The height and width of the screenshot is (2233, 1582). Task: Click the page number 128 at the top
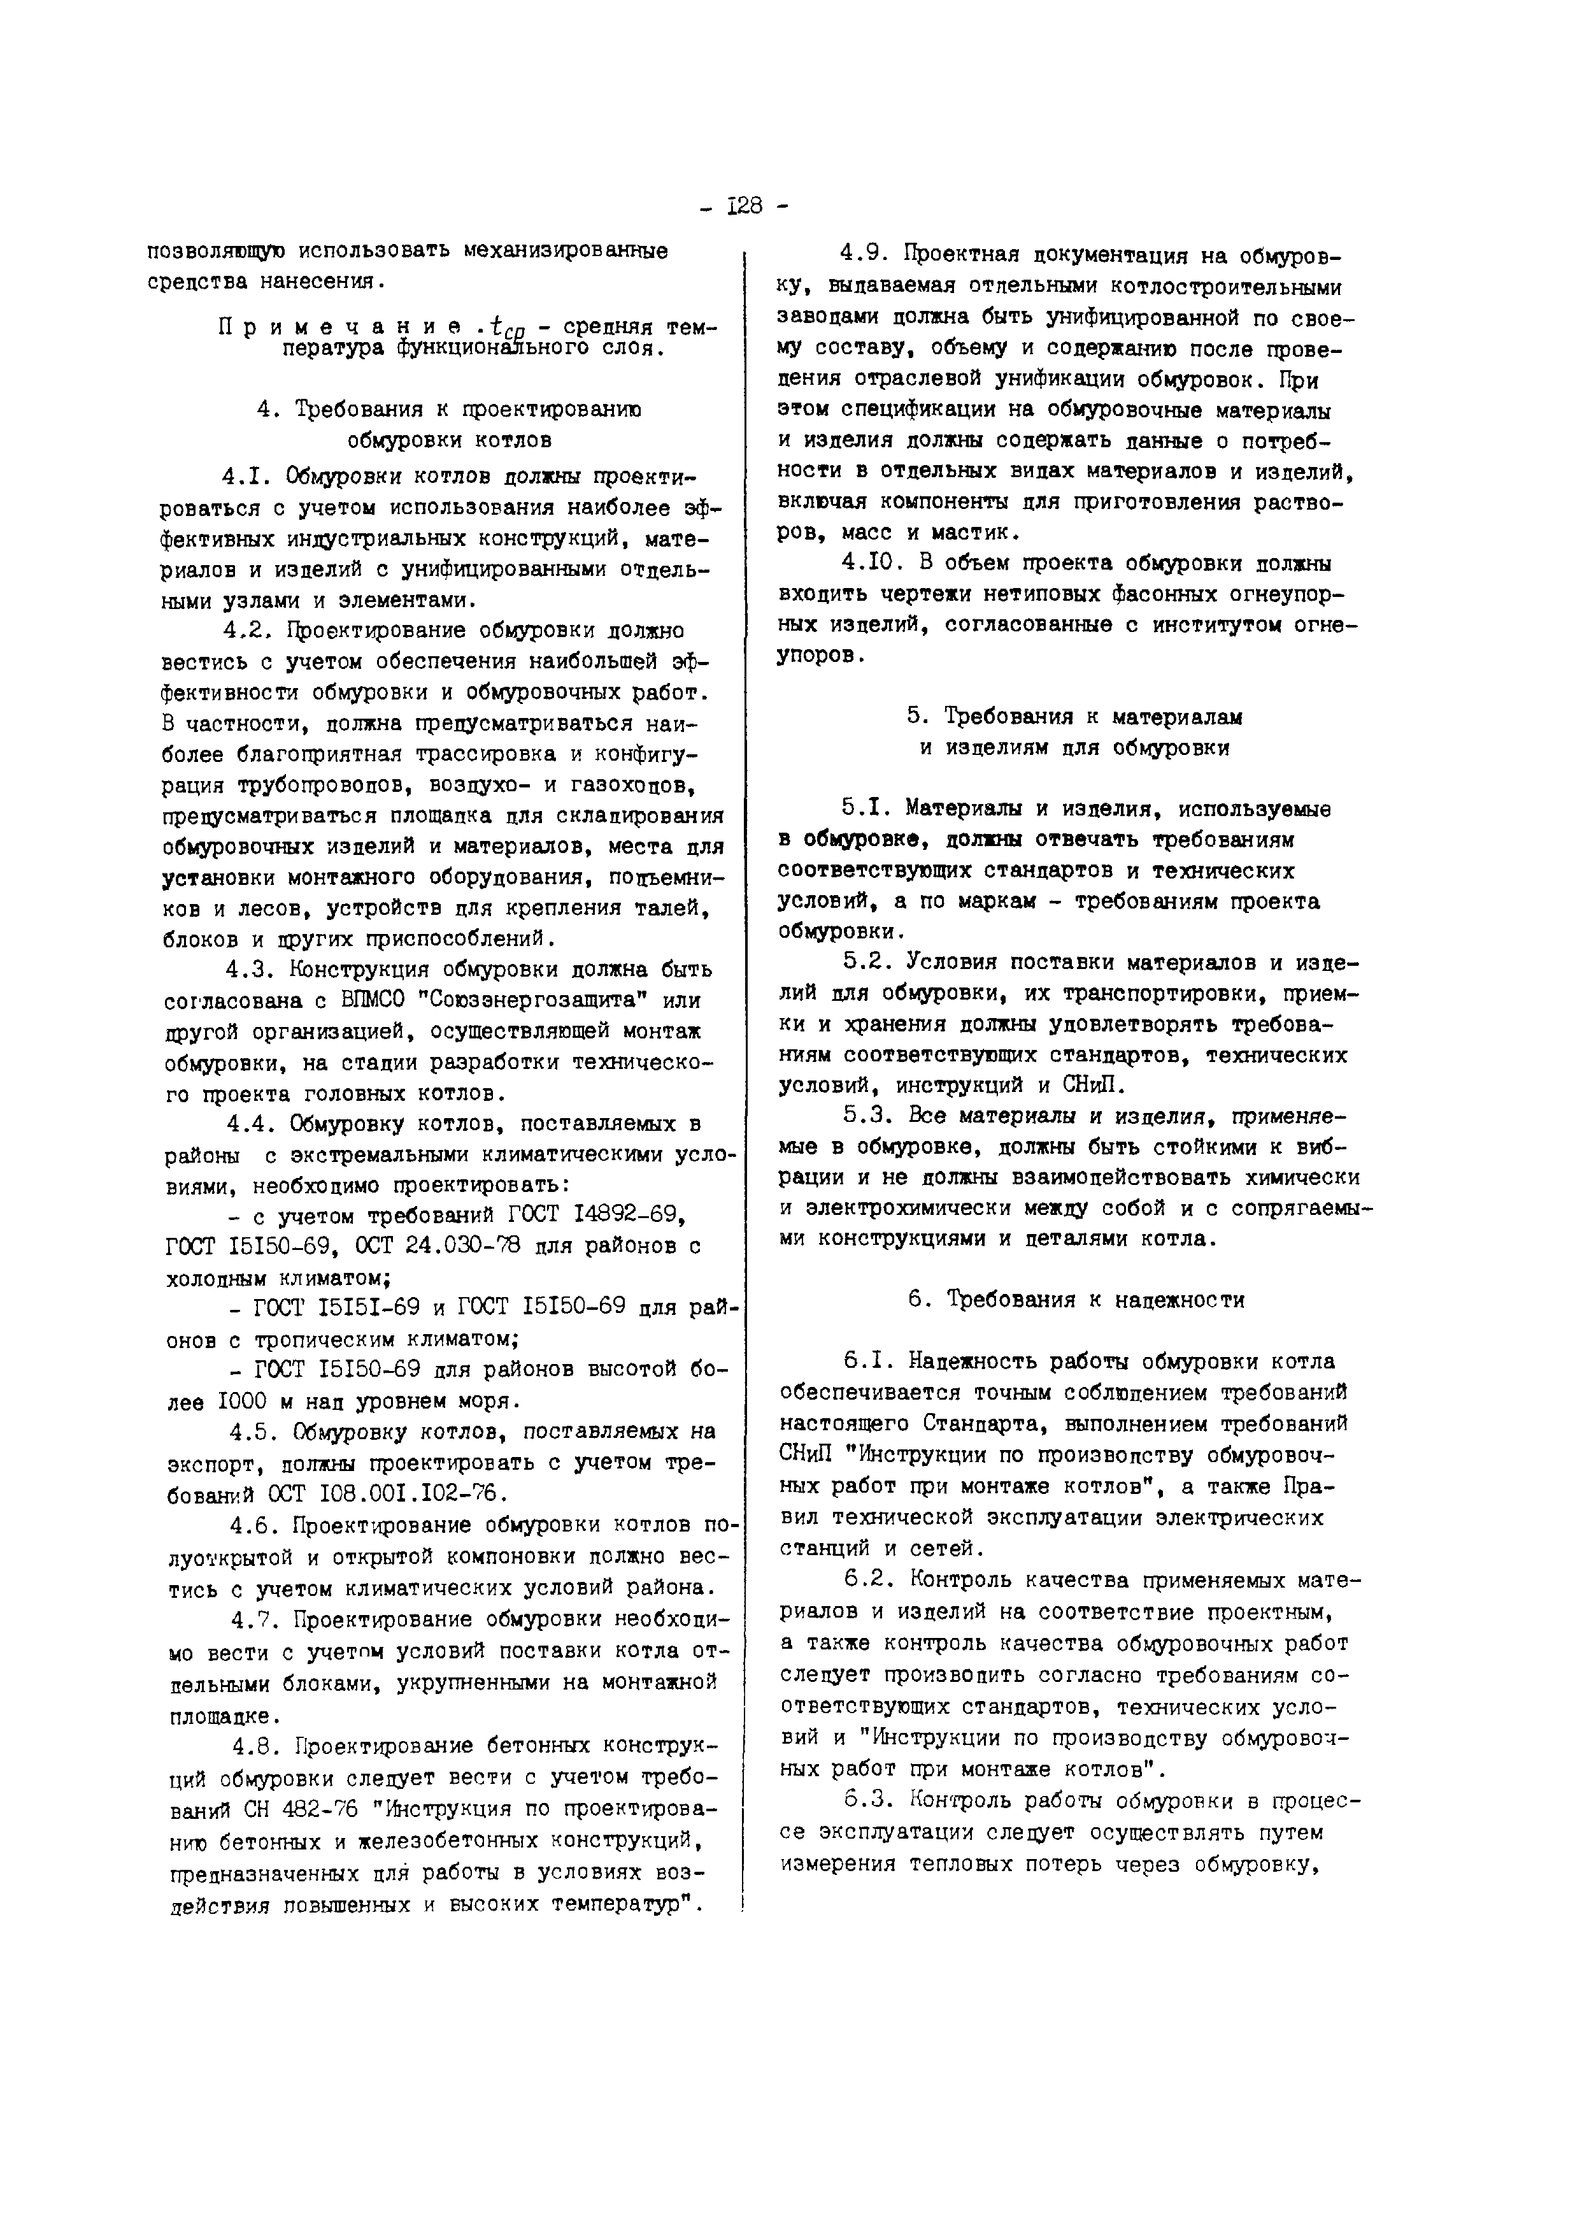(x=745, y=206)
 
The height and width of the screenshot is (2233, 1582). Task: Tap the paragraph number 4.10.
(x=868, y=563)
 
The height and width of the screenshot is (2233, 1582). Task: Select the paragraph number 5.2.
(x=867, y=961)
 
